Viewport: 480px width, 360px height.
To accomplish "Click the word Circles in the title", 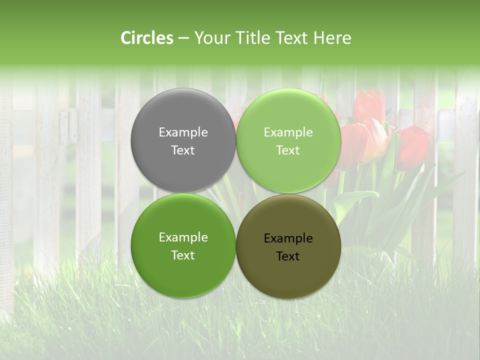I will coord(147,38).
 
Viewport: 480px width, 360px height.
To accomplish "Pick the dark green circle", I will coord(183,265).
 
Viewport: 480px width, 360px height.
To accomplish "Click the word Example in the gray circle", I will coord(183,132).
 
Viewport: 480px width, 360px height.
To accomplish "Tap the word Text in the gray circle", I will coord(183,150).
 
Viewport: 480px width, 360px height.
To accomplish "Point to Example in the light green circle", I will coord(288,132).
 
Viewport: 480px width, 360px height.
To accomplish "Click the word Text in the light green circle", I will coord(288,150).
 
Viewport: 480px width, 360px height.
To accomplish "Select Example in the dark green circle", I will coord(183,237).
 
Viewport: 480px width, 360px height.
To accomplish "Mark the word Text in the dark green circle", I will coord(183,255).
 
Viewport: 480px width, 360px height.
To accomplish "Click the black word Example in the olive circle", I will coord(288,238).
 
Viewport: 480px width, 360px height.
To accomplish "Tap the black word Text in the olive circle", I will coord(288,256).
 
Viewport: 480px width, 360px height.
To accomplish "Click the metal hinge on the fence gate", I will coord(68,127).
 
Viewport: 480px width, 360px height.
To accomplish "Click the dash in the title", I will coord(183,38).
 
